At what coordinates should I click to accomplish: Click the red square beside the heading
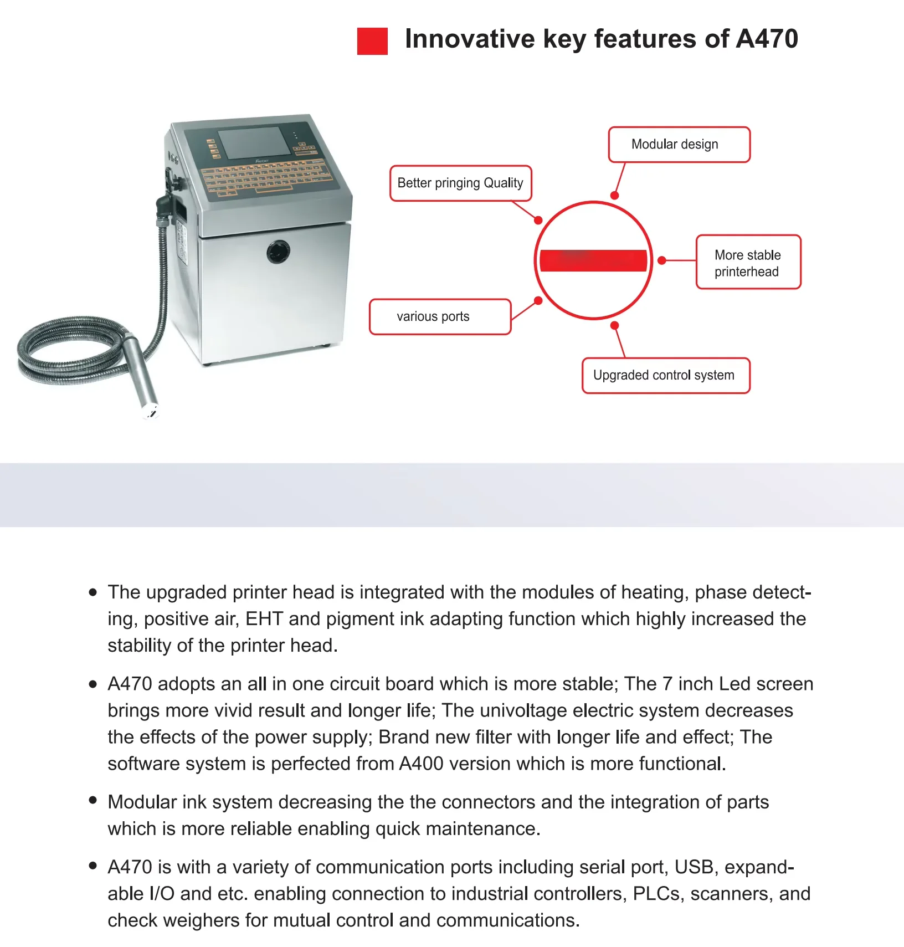coord(372,41)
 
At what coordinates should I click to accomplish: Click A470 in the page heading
coord(767,39)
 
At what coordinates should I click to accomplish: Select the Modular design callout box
coord(679,145)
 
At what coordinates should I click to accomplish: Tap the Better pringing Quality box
coord(460,183)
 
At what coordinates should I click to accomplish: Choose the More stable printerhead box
coord(748,262)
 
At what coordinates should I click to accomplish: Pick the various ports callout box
coord(440,317)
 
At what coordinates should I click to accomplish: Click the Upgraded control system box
coord(665,376)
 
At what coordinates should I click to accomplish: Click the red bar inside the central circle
coord(593,260)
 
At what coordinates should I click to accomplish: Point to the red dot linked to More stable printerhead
coord(662,260)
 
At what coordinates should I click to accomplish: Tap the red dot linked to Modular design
coord(614,196)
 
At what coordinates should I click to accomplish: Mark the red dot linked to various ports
coord(538,301)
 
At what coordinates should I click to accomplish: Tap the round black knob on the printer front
coord(278,252)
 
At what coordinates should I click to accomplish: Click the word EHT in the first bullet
coord(264,619)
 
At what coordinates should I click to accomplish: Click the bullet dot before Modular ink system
coord(93,800)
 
